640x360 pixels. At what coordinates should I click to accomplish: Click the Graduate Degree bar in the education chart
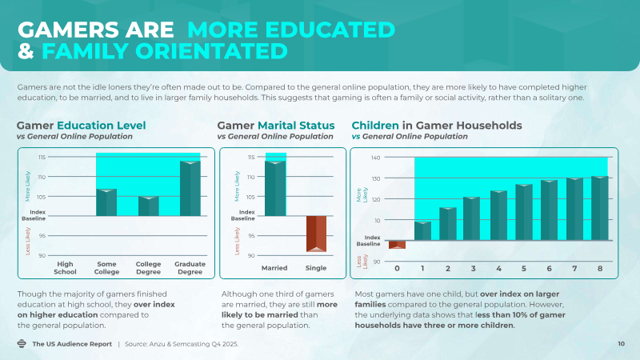190,189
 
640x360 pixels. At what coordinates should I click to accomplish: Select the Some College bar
106,202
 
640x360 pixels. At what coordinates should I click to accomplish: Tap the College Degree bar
149,206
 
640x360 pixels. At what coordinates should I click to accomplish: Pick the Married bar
275,189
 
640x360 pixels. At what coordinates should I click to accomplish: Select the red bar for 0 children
397,245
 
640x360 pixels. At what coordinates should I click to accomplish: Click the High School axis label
66,268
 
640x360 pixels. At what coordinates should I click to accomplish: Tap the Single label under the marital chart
316,267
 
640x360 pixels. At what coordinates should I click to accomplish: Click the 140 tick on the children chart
375,158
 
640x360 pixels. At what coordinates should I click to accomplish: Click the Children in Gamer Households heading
437,126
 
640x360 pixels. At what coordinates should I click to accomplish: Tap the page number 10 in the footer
621,344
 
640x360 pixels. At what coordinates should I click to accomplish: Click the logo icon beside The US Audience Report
22,344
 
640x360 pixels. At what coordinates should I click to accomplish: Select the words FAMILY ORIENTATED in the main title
164,52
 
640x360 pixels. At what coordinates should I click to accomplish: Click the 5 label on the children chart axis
523,268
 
